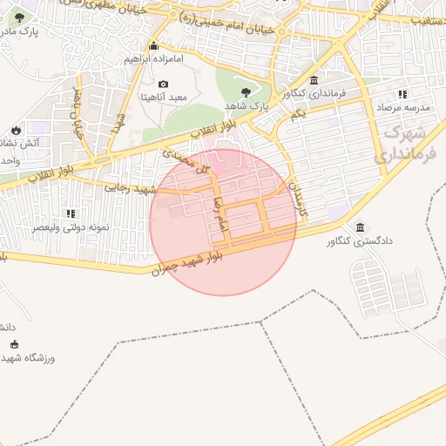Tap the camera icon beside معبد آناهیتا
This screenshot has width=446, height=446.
pos(163,84)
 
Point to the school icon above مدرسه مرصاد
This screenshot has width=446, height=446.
pos(402,93)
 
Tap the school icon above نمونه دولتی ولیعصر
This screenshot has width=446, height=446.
pos(71,213)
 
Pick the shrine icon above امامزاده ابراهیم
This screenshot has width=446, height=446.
pos(154,46)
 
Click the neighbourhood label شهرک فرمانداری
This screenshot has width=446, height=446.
pos(406,145)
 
